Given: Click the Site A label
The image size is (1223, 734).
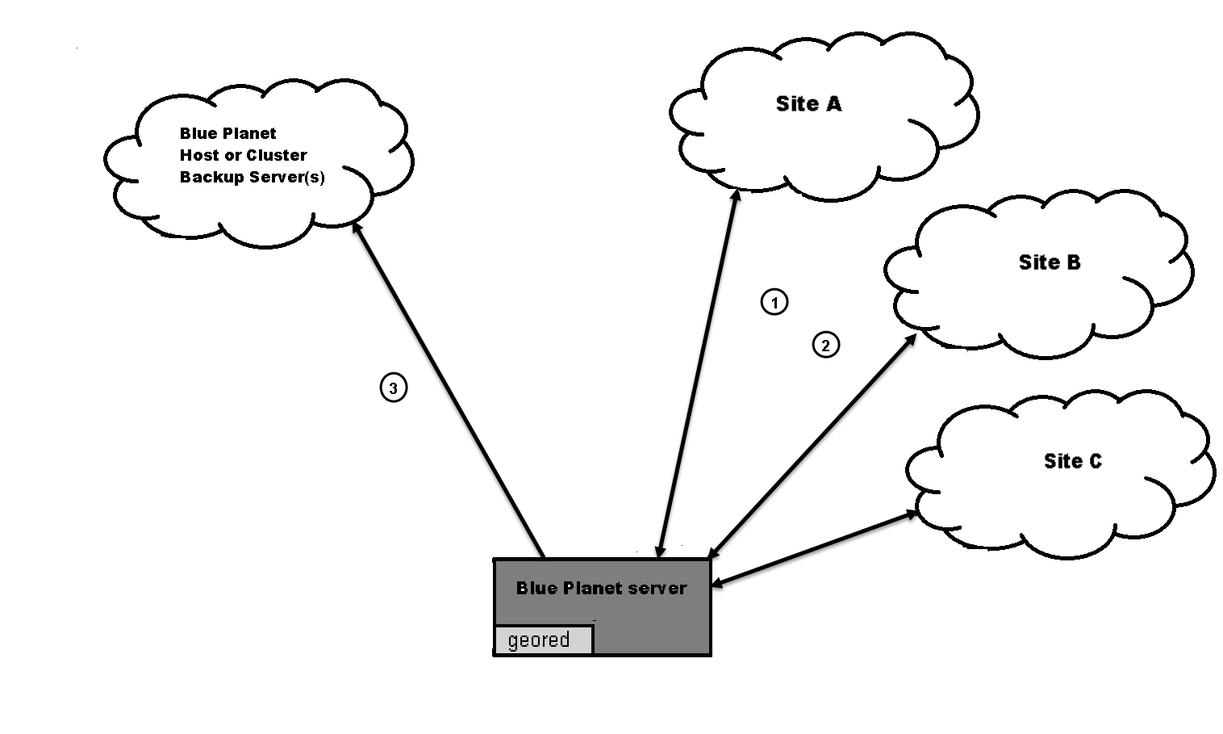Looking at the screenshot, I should pyautogui.click(x=808, y=104).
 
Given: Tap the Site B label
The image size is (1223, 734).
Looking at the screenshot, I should pyautogui.click(x=1049, y=262).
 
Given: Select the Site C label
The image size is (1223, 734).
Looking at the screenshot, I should pyautogui.click(x=1072, y=461).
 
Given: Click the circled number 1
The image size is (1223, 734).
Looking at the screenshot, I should pyautogui.click(x=774, y=302).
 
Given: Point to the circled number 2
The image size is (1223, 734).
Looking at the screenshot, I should pyautogui.click(x=825, y=345).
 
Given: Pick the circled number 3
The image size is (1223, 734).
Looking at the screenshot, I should pyautogui.click(x=394, y=388).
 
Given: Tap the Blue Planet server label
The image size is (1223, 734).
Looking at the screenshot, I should pyautogui.click(x=601, y=588).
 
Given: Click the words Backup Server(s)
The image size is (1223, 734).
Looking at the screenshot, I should pyautogui.click(x=252, y=177).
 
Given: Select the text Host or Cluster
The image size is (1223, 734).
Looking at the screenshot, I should pyautogui.click(x=243, y=155).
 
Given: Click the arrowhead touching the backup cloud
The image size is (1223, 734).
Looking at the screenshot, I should pyautogui.click(x=357, y=228).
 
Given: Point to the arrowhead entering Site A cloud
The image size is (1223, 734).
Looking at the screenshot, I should pyautogui.click(x=736, y=196).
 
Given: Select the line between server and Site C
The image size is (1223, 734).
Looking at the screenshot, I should pyautogui.click(x=815, y=548).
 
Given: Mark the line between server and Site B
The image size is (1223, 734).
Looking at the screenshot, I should pyautogui.click(x=811, y=447).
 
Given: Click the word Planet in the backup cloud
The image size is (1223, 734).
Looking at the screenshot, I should pyautogui.click(x=250, y=133).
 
